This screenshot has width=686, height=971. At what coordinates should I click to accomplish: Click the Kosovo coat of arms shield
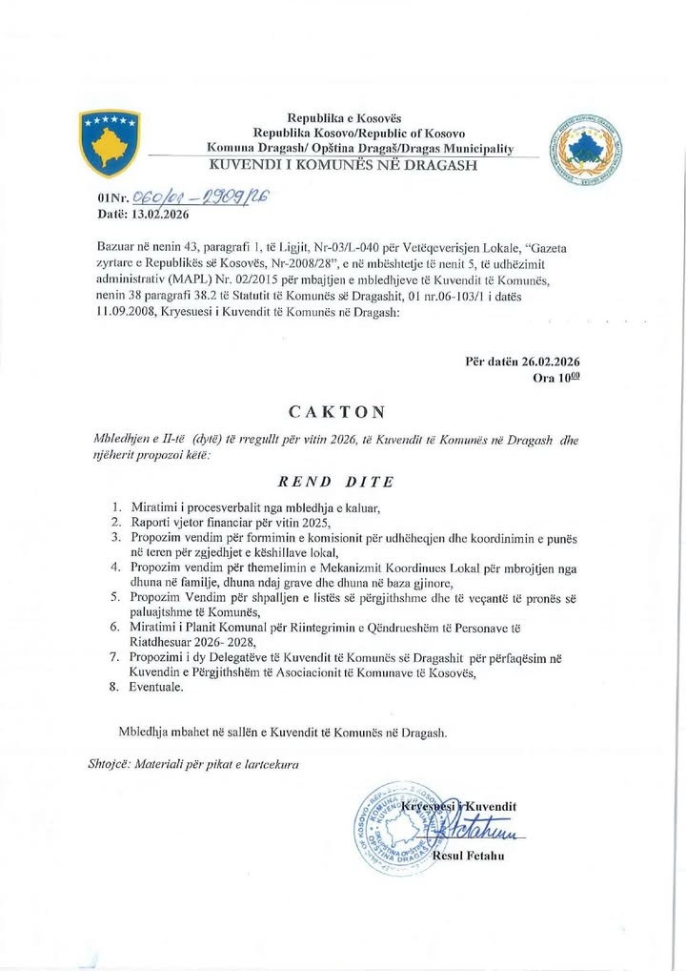pyautogui.click(x=110, y=142)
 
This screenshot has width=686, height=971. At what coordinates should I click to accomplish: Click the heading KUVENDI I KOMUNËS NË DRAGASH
pyautogui.click(x=343, y=165)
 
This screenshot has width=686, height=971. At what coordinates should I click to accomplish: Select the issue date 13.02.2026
pyautogui.click(x=153, y=215)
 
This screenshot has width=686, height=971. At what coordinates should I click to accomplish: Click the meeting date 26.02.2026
pyautogui.click(x=551, y=362)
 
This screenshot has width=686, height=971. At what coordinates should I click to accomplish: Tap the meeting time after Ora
pyautogui.click(x=569, y=378)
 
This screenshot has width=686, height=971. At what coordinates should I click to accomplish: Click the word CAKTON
pyautogui.click(x=338, y=412)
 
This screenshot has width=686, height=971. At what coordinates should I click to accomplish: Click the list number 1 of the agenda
pyautogui.click(x=116, y=506)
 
